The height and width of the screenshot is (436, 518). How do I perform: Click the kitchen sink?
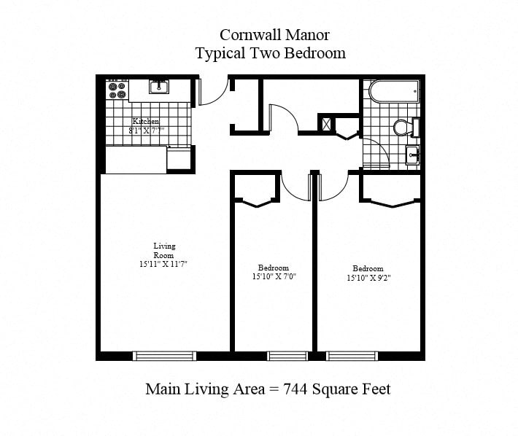pyautogui.click(x=158, y=87)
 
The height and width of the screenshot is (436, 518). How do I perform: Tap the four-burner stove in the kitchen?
pyautogui.click(x=117, y=90)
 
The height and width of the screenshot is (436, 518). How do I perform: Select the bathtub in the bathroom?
pyautogui.click(x=393, y=91)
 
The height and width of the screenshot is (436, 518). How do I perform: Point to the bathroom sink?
pyautogui.click(x=413, y=155)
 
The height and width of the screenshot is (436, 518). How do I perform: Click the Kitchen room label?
pyautogui.click(x=146, y=121)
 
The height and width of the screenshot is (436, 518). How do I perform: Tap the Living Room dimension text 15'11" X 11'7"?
pyautogui.click(x=163, y=264)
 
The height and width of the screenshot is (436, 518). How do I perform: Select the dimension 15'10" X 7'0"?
pyautogui.click(x=274, y=276)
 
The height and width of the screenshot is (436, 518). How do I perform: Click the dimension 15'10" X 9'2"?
pyautogui.click(x=368, y=278)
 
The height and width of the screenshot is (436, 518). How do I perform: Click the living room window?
pyautogui.click(x=164, y=356)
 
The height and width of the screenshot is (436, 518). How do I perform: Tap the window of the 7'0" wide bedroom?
pyautogui.click(x=287, y=356)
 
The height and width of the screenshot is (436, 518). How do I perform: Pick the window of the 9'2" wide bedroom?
pyautogui.click(x=352, y=356)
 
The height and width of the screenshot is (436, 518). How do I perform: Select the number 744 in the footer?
pyautogui.click(x=295, y=389)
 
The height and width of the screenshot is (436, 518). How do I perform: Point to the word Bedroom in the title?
pyautogui.click(x=315, y=53)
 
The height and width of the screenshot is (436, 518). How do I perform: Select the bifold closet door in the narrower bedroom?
pyautogui.click(x=257, y=203)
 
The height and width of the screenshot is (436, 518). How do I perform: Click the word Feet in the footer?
pyautogui.click(x=376, y=389)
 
